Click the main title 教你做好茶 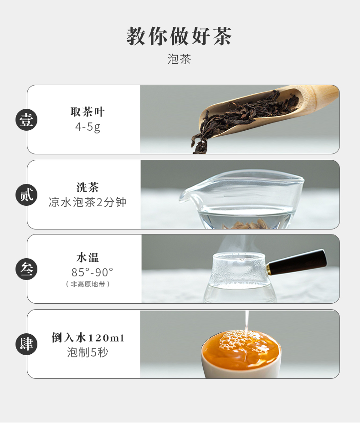coord(179,36)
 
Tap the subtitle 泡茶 coord(179,59)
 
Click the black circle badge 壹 coord(26,120)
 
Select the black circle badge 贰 coord(26,195)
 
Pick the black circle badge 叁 coord(26,269)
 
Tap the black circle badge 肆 coord(26,344)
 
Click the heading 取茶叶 coord(87,112)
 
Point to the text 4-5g coord(87,127)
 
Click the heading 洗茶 coord(87,187)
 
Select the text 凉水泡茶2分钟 coord(87,202)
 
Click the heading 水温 coord(87,257)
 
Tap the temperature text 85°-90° coord(92,272)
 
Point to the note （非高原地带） coord(88,284)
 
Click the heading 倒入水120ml coord(88,337)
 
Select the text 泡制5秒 coord(87,352)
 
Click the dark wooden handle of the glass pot coord(297,262)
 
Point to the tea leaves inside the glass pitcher coord(246,224)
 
